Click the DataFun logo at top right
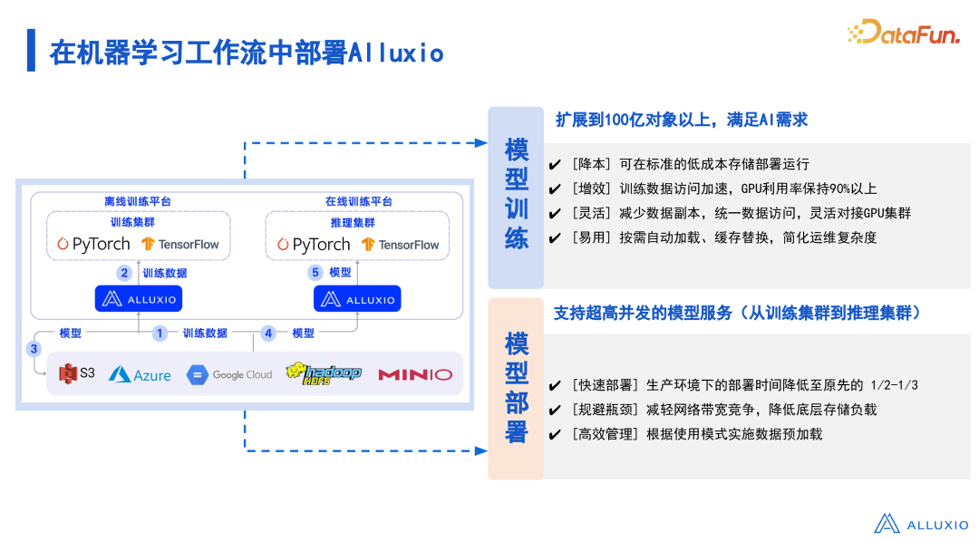[903, 34]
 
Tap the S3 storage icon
[76, 373]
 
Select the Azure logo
[140, 374]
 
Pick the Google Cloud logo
[229, 374]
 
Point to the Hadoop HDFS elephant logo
[323, 372]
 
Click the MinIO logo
[414, 374]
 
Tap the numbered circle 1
[160, 333]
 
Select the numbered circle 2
[125, 272]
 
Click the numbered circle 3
[34, 349]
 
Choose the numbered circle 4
[268, 333]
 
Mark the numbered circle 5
[315, 272]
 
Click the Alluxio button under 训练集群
[138, 299]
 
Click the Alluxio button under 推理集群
[357, 299]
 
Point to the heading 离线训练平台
[138, 201]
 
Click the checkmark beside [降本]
[555, 165]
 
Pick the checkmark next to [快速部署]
[555, 386]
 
